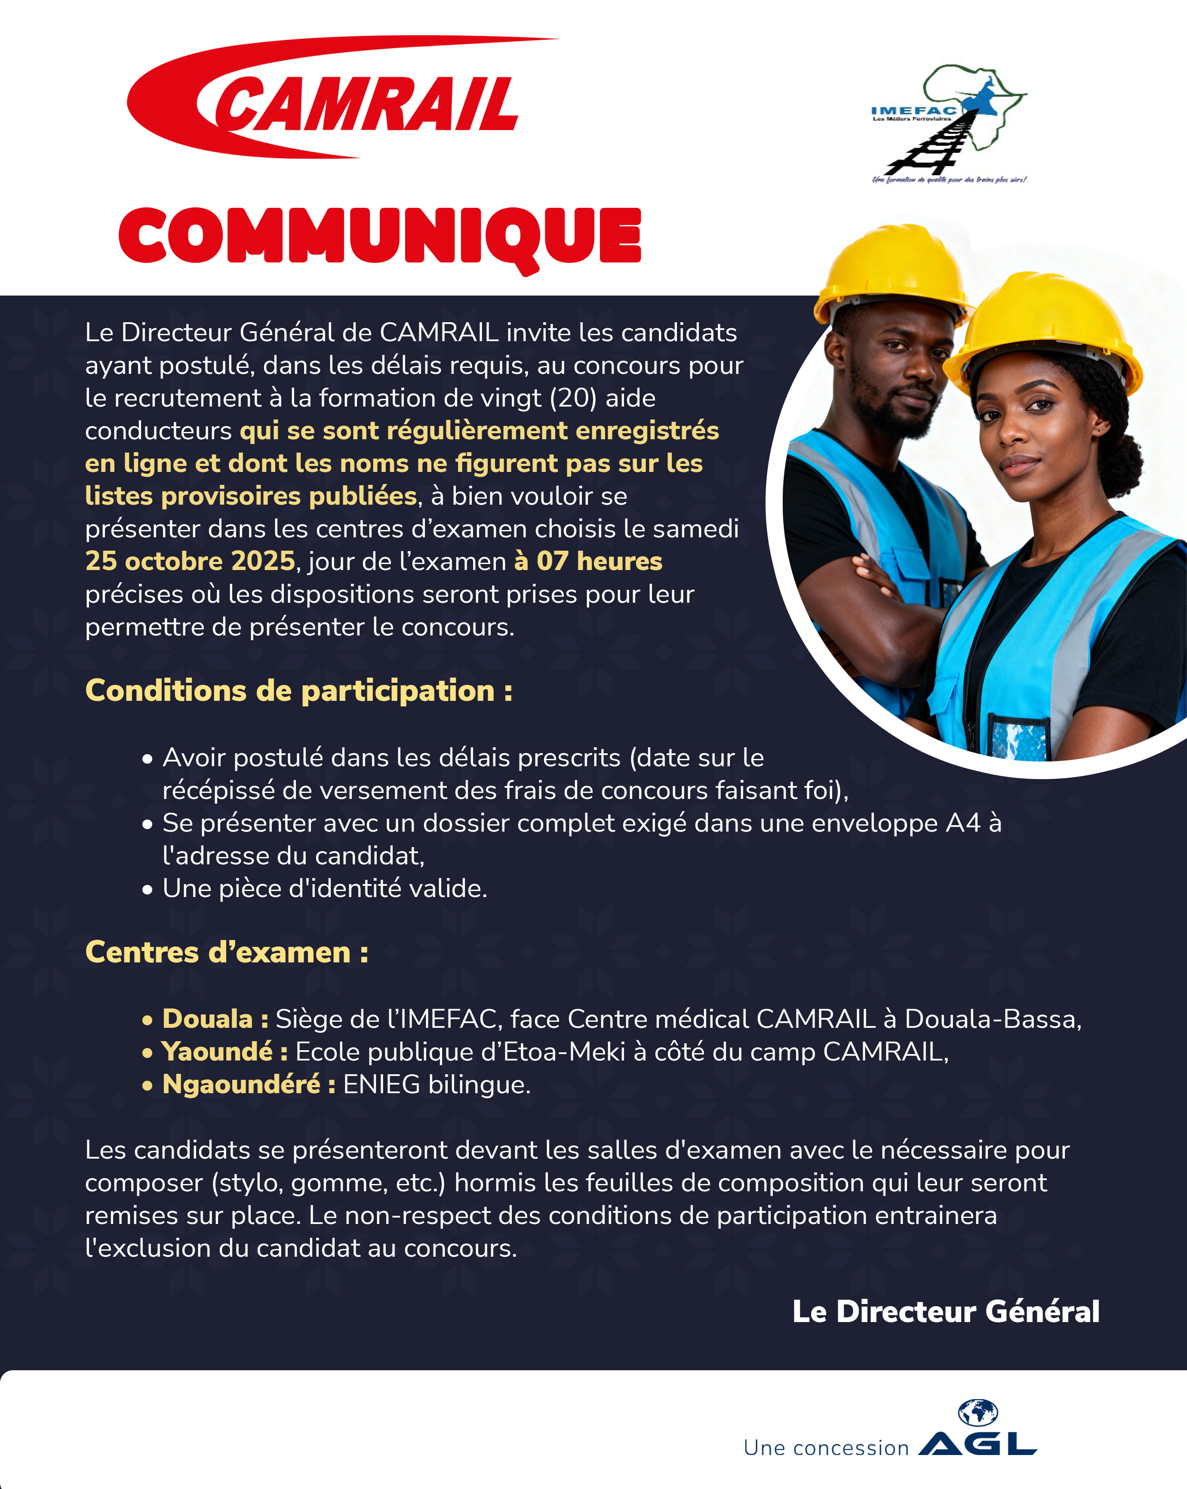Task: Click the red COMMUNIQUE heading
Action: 380,236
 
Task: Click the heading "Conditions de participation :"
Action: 298,691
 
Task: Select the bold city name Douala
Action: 207,1019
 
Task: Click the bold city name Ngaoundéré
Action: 241,1084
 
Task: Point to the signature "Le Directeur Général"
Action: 945,1311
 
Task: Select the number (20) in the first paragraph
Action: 573,398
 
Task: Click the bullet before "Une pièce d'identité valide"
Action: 147,890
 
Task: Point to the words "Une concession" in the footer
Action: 826,1448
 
